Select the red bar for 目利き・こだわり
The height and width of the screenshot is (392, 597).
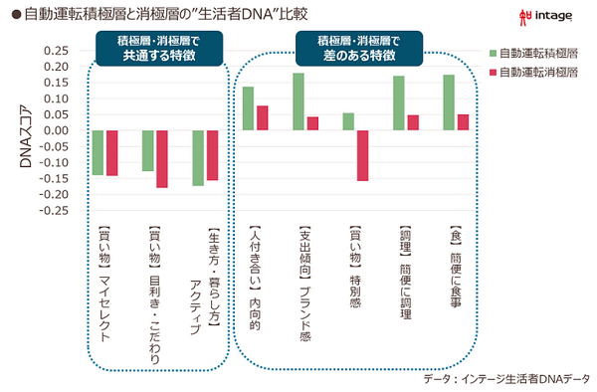click(162, 159)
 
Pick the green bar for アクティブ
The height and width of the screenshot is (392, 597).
click(198, 158)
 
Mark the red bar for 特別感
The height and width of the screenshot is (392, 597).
click(362, 155)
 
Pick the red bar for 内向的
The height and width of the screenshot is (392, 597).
click(263, 117)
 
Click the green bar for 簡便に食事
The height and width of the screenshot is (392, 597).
click(449, 102)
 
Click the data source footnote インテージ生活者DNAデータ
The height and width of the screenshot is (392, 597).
click(506, 379)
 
